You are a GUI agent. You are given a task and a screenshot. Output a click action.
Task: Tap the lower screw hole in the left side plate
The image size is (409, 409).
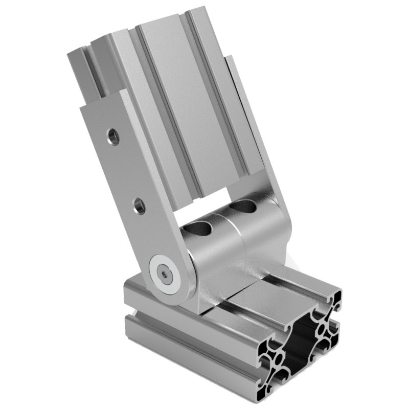pos(139,206)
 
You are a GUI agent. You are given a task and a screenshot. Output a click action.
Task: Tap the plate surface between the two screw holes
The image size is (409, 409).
pos(126,171)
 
